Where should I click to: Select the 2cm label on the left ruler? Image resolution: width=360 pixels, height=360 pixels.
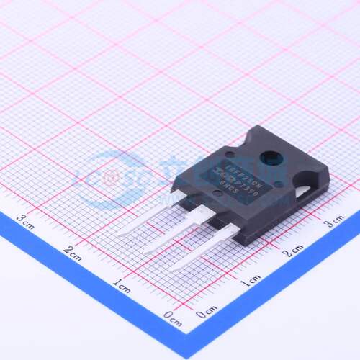(x=72, y=251)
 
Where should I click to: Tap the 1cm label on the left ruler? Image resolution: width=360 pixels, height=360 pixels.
(x=120, y=284)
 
